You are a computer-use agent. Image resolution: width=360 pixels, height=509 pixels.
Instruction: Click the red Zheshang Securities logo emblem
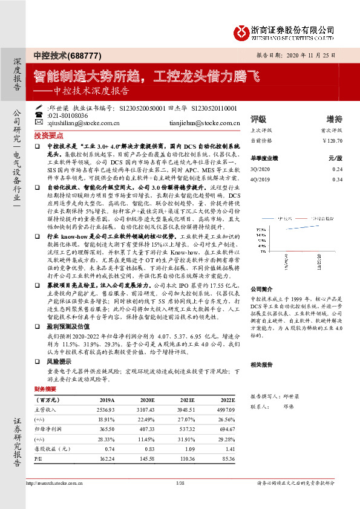242,31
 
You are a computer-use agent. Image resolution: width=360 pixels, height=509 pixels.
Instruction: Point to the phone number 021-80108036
68,115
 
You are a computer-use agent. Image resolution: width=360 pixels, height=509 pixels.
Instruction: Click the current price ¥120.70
332,141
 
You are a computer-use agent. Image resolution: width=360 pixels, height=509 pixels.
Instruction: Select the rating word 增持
334,118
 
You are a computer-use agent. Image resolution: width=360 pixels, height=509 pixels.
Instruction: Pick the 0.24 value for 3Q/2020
337,169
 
